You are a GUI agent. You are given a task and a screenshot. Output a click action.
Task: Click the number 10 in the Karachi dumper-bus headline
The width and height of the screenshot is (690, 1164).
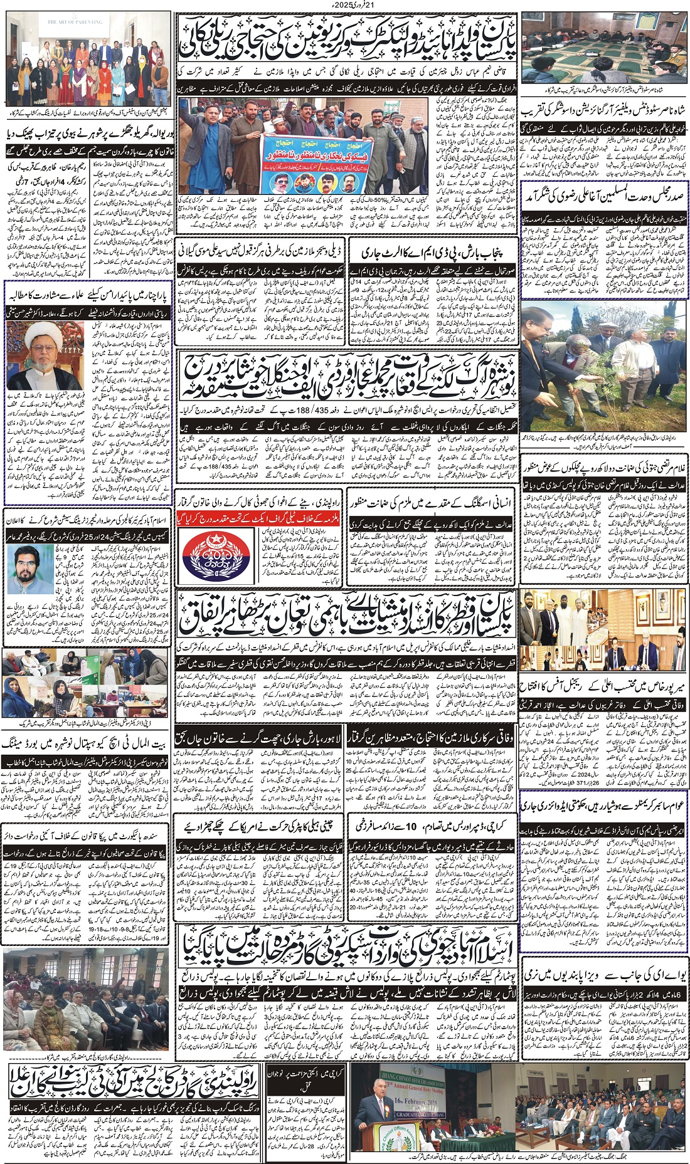pyautogui.click(x=411, y=826)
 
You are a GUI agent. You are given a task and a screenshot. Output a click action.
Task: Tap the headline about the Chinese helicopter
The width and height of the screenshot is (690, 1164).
pyautogui.click(x=258, y=826)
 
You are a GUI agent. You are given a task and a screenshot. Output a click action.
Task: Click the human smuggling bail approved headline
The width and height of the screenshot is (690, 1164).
pyautogui.click(x=432, y=503)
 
